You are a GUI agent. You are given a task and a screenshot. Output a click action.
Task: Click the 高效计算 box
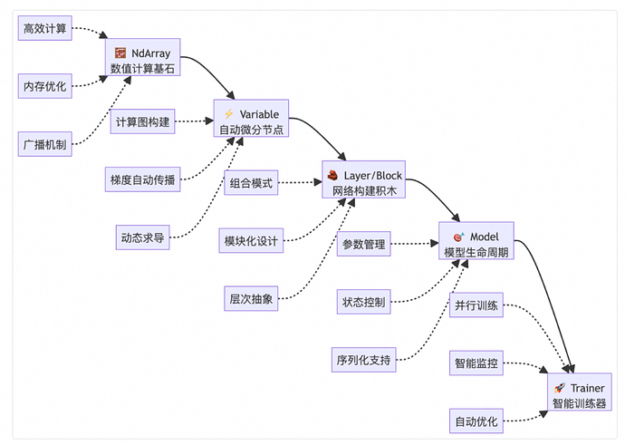pyautogui.click(x=44, y=28)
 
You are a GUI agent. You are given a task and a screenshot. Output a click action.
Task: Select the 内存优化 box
pyautogui.click(x=44, y=86)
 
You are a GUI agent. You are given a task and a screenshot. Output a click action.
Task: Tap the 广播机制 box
pyautogui.click(x=44, y=143)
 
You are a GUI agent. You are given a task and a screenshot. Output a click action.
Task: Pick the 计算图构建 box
pyautogui.click(x=143, y=121)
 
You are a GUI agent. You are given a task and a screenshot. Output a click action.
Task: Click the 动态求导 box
pyautogui.click(x=143, y=237)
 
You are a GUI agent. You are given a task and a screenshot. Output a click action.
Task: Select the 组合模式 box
pyautogui.click(x=252, y=182)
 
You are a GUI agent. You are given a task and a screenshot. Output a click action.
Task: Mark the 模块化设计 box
pyautogui.click(x=252, y=241)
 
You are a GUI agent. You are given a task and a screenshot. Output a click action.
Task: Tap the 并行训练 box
pyautogui.click(x=476, y=305)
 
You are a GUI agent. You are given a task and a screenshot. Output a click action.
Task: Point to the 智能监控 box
pyautogui.click(x=476, y=363)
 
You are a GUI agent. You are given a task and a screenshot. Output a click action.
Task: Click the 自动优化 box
pyautogui.click(x=476, y=421)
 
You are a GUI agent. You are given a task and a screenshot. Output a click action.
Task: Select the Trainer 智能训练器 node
pyautogui.click(x=578, y=394)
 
